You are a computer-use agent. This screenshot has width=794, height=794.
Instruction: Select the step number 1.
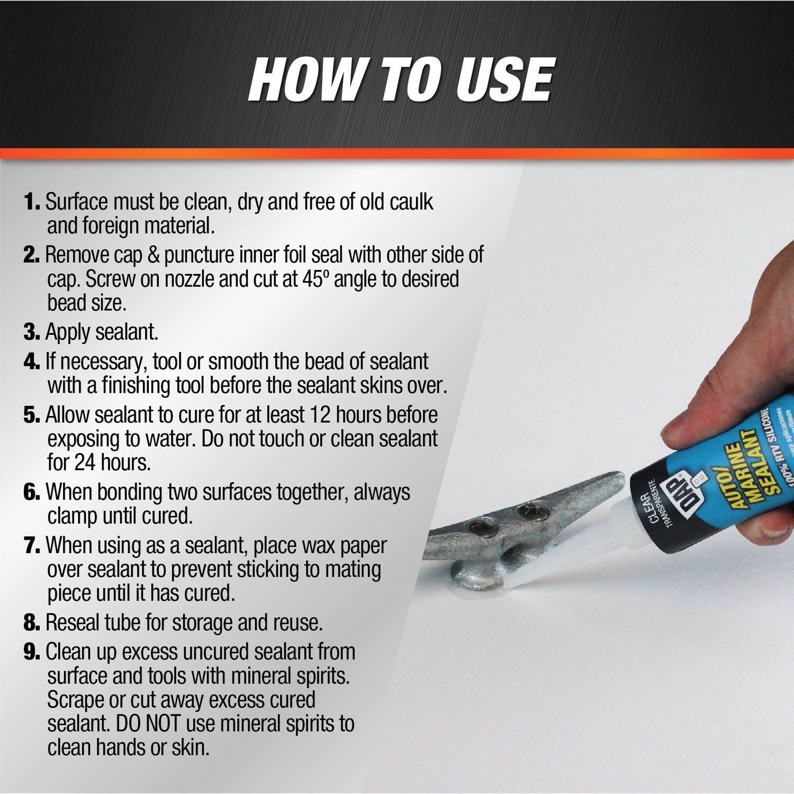(32, 202)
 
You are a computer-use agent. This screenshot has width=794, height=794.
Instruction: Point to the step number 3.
(32, 332)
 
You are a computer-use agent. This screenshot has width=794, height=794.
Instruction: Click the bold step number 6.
(32, 492)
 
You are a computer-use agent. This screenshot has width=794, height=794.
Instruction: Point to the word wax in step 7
(303, 545)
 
